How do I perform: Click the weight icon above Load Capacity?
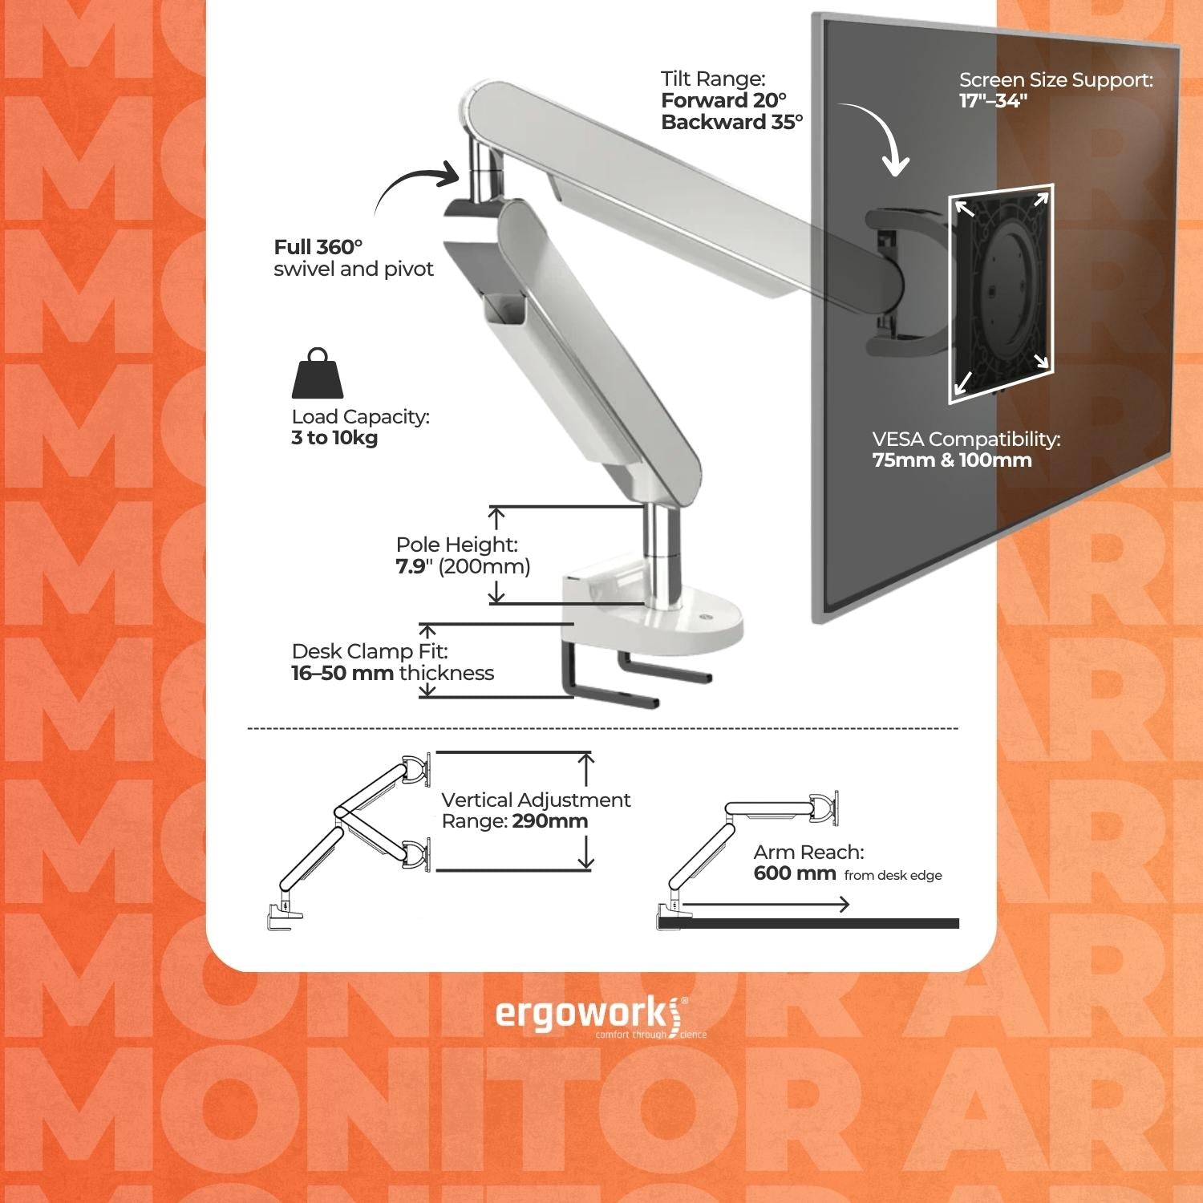pyautogui.click(x=317, y=374)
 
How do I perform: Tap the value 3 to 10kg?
pyautogui.click(x=334, y=438)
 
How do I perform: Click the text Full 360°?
pyautogui.click(x=318, y=247)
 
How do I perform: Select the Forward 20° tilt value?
pyautogui.click(x=723, y=100)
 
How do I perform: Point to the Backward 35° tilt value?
pyautogui.click(x=731, y=122)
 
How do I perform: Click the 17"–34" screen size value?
pyautogui.click(x=993, y=101)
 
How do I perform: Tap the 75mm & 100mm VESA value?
pyautogui.click(x=952, y=460)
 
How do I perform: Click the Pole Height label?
pyautogui.click(x=457, y=545)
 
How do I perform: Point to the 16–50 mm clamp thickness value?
pyautogui.click(x=342, y=673)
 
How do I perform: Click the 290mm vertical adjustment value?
pyautogui.click(x=549, y=821)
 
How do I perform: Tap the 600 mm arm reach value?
pyautogui.click(x=794, y=873)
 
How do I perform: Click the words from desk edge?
pyautogui.click(x=893, y=876)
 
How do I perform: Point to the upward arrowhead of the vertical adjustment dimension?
pyautogui.click(x=587, y=759)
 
